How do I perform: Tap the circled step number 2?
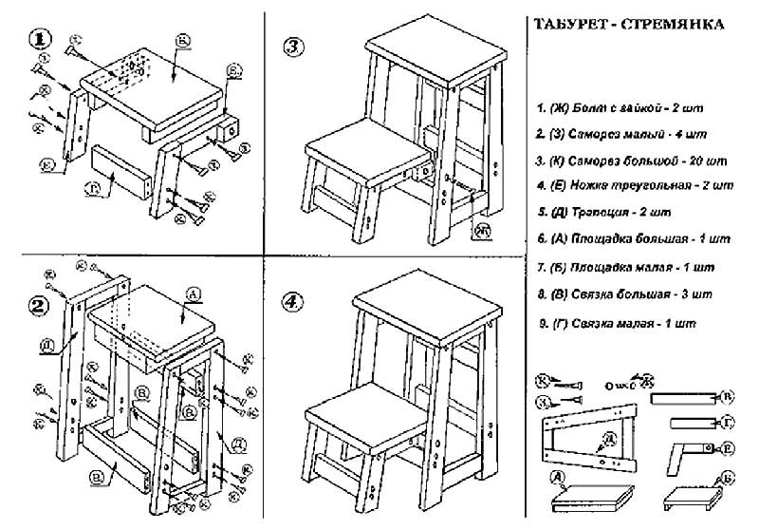click(39, 305)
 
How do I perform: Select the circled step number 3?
click(294, 46)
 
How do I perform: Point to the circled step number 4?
click(294, 302)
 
